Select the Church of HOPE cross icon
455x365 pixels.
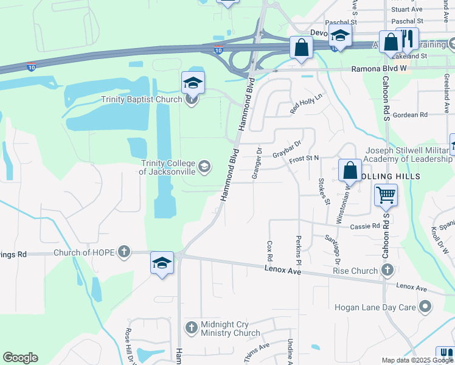(124, 252)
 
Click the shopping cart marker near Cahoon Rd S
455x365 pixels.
(386, 196)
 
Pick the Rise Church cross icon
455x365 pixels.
(386, 270)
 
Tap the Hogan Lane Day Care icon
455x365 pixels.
(426, 307)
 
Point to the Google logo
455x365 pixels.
(20, 358)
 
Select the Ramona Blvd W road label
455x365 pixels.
(377, 69)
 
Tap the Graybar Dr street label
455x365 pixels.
(287, 148)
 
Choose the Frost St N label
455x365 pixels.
(304, 159)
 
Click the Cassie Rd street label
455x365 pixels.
(365, 226)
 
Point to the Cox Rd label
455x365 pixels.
(269, 246)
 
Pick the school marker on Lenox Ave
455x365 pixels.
(162, 263)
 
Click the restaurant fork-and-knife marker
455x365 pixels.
(408, 40)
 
